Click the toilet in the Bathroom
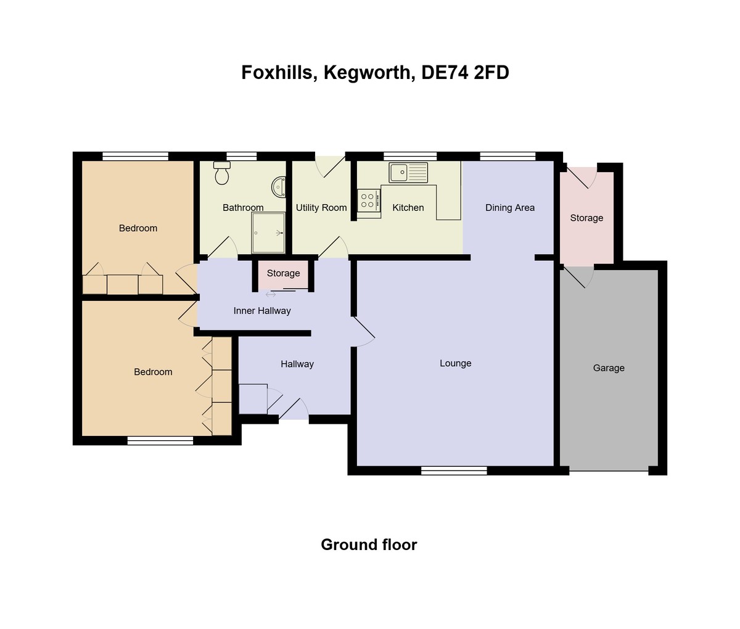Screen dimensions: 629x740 point(221,174)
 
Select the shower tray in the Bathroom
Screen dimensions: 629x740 point(268,233)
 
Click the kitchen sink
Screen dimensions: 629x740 point(408,172)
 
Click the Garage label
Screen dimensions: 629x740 point(609,368)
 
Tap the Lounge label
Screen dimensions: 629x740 point(455,363)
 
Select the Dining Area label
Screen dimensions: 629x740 point(509,208)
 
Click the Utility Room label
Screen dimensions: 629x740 point(321,208)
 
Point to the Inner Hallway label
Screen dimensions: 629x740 point(262,311)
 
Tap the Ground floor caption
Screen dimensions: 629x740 point(369,545)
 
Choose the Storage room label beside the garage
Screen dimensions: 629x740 point(586,218)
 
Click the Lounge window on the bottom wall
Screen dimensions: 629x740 point(454,471)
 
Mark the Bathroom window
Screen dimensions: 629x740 point(241,156)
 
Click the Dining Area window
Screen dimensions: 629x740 point(508,156)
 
